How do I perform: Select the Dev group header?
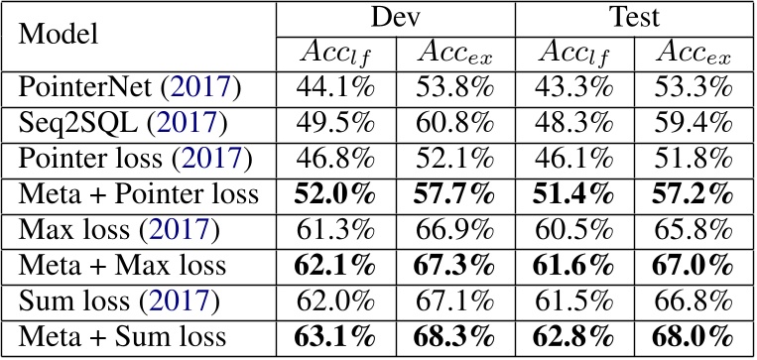tap(395, 18)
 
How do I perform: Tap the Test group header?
tap(635, 18)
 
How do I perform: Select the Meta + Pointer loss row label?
tap(139, 194)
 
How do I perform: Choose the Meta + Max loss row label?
tap(123, 266)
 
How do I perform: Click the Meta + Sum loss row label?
tap(123, 337)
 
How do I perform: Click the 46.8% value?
tap(334, 159)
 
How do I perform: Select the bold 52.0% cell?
tap(334, 194)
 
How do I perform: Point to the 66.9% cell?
tap(455, 230)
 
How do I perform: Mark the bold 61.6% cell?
tap(575, 266)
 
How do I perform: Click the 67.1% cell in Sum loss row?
tap(455, 301)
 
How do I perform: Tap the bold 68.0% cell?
tap(695, 337)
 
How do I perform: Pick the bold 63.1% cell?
tap(334, 337)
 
